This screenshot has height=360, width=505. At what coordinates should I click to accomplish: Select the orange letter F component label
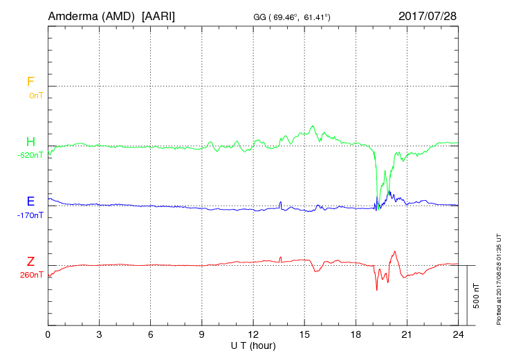[x=30, y=82]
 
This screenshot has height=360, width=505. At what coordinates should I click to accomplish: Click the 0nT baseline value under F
[x=35, y=95]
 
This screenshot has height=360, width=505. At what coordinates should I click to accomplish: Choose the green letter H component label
[x=30, y=142]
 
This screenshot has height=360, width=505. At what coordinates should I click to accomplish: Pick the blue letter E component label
[x=30, y=201]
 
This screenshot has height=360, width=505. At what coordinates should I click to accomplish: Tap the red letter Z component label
[x=30, y=261]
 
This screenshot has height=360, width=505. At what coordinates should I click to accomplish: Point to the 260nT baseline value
[x=32, y=274]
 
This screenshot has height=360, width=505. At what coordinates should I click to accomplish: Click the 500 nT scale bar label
[x=477, y=295]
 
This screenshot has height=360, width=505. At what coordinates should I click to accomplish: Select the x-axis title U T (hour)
[x=253, y=345]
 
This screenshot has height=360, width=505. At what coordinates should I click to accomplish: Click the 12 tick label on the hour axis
[x=253, y=334]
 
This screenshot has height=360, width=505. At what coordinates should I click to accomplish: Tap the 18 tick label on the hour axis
[x=356, y=334]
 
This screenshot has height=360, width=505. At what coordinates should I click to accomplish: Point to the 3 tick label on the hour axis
[x=100, y=334]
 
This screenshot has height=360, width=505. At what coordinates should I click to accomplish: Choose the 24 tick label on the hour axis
[x=458, y=334]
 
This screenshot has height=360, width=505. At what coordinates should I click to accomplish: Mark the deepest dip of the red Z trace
[x=377, y=289]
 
